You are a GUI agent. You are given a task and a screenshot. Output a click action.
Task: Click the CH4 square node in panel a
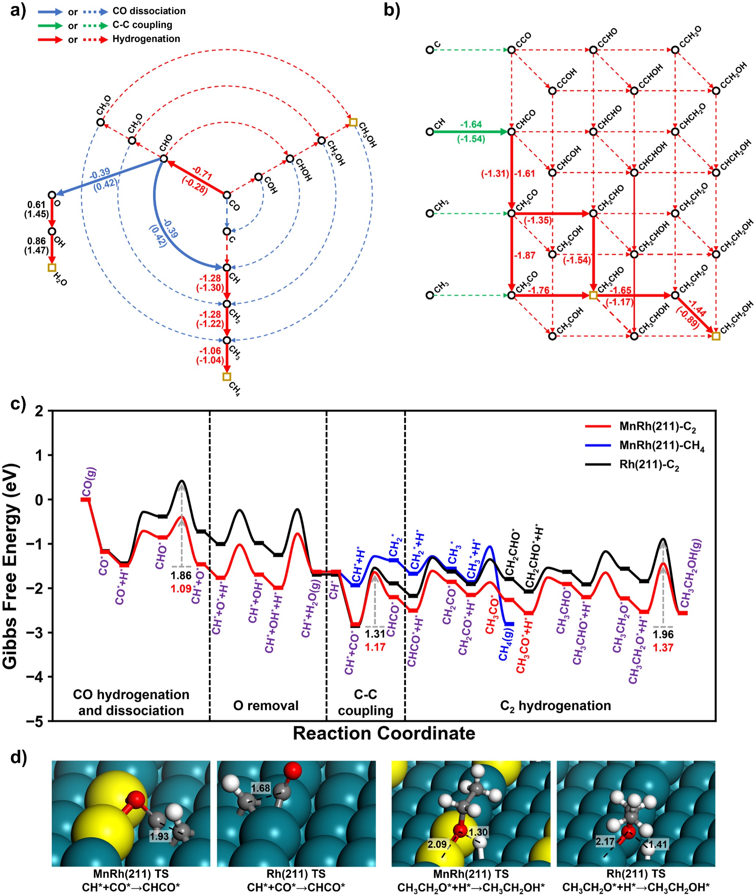(x=227, y=377)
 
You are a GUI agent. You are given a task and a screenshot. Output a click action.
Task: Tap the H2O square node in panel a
(x=52, y=267)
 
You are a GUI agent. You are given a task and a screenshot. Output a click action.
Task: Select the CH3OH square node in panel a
(x=353, y=122)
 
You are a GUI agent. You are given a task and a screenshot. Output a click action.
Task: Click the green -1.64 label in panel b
(x=471, y=124)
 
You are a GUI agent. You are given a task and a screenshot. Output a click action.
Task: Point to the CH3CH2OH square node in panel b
(x=716, y=336)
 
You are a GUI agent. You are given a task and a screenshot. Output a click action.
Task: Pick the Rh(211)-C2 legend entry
(x=649, y=465)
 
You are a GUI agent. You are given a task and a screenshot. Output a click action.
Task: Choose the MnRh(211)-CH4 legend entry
(x=662, y=446)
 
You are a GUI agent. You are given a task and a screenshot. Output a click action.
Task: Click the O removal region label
(x=266, y=706)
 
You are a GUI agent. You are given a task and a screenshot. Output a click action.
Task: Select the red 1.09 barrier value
(x=181, y=589)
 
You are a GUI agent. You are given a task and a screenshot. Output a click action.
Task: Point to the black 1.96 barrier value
(x=663, y=634)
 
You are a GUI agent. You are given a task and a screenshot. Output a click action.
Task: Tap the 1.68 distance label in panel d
(x=261, y=788)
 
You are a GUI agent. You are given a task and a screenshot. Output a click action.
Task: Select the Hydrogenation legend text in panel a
(x=146, y=39)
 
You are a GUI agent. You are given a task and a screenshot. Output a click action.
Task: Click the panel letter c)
(x=18, y=403)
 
